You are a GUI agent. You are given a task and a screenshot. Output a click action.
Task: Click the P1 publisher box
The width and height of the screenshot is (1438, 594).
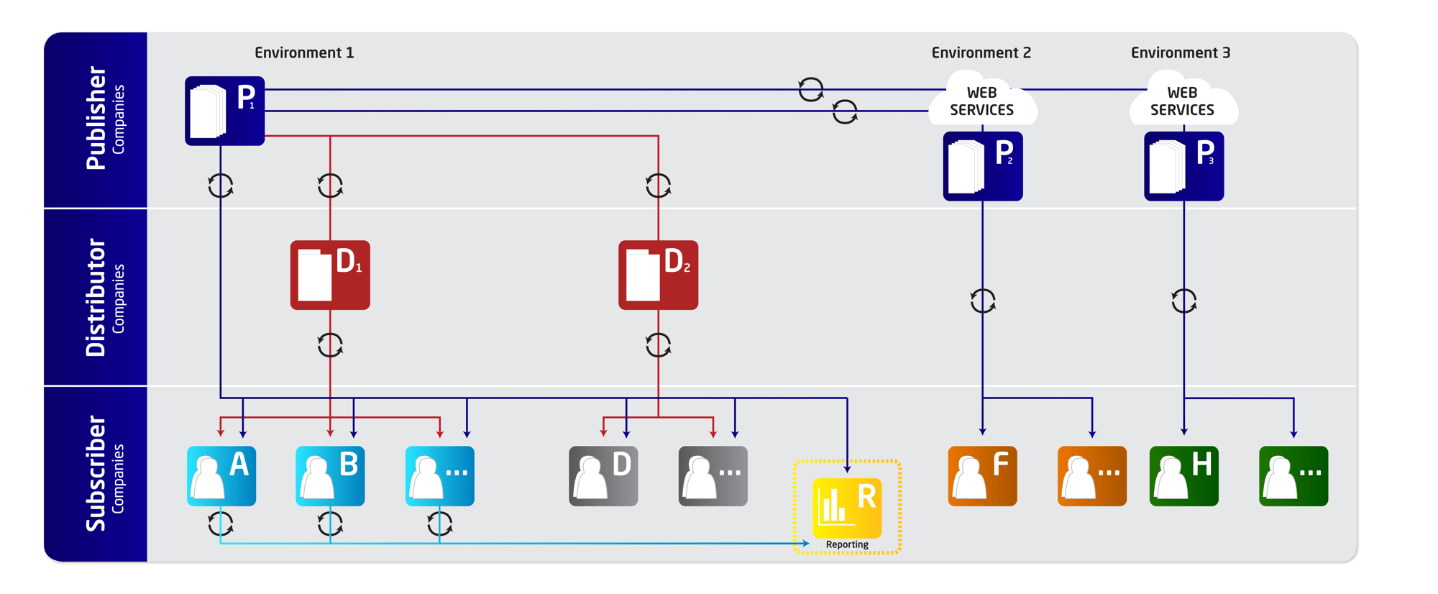(x=224, y=111)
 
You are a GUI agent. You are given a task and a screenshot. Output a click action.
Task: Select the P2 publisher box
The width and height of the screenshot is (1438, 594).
(x=982, y=166)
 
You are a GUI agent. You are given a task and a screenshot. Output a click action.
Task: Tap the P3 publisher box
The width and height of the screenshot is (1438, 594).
(x=1183, y=166)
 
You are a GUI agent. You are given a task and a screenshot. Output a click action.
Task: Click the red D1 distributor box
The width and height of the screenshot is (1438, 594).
(x=330, y=275)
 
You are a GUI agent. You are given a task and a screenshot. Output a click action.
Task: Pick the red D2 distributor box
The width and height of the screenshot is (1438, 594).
(x=658, y=275)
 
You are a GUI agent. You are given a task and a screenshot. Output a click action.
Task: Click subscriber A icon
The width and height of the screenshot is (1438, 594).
(x=221, y=476)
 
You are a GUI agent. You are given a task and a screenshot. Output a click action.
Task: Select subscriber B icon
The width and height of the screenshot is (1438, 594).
(x=330, y=476)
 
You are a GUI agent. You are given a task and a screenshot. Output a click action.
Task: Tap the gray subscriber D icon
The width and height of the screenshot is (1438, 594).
(x=603, y=476)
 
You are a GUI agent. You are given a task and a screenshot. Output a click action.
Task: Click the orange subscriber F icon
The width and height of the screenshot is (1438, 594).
(x=982, y=476)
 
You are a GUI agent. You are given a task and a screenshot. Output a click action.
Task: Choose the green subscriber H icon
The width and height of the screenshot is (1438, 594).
(x=1183, y=476)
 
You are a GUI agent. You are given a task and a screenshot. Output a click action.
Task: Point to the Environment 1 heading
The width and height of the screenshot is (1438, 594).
(x=304, y=52)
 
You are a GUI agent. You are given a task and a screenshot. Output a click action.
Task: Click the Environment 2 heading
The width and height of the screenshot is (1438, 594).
(x=981, y=52)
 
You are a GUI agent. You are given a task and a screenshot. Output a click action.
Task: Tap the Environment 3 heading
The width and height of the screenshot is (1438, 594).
(x=1180, y=52)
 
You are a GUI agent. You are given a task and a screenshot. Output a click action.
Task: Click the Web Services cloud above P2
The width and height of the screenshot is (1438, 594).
(x=981, y=101)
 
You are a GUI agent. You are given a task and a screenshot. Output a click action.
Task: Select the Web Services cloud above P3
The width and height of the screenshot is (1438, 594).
(x=1182, y=101)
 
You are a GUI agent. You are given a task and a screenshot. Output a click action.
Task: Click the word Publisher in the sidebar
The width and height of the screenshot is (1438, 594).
(x=96, y=119)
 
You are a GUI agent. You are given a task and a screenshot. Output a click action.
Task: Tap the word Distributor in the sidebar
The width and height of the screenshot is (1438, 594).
(x=96, y=298)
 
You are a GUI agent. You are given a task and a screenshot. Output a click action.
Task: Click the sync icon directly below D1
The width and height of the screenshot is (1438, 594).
(x=330, y=345)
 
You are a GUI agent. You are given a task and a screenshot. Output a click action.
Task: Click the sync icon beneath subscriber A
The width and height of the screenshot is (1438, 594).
(x=221, y=524)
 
